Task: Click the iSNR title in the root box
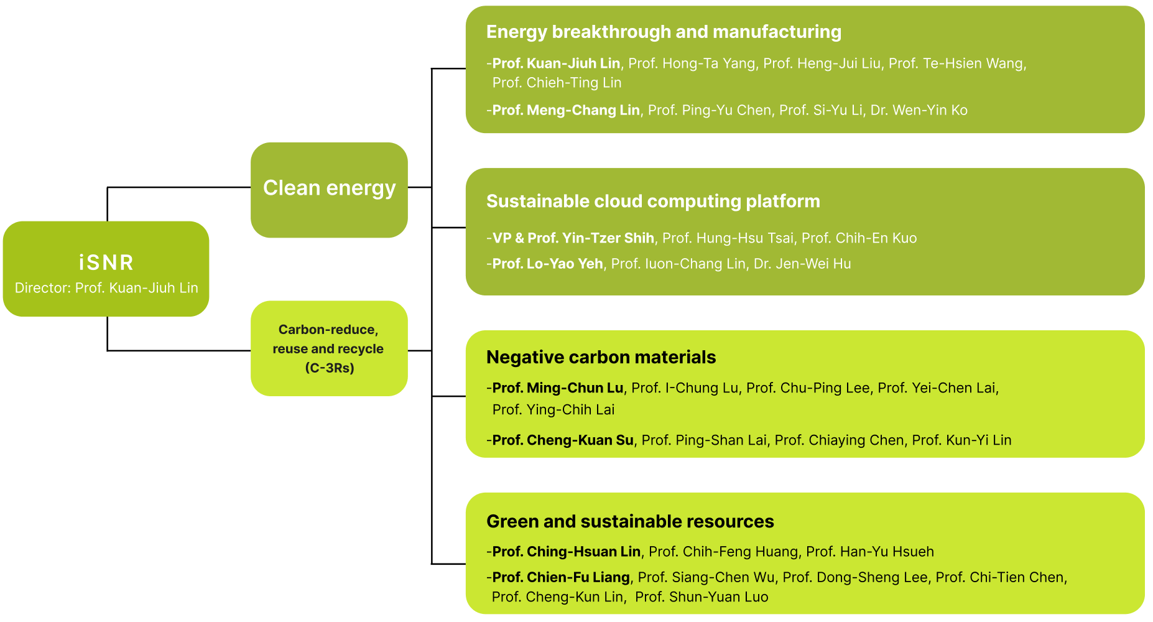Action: (106, 262)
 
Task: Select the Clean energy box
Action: (329, 189)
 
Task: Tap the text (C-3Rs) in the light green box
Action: (330, 368)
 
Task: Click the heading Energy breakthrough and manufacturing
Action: (664, 32)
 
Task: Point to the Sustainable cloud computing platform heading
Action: (653, 201)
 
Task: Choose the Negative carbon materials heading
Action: (601, 357)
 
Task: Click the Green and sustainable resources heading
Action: (630, 521)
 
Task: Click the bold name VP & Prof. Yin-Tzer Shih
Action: (573, 238)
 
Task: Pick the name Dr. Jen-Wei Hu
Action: (802, 264)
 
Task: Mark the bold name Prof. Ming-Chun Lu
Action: (557, 388)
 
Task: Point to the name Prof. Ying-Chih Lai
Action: (553, 409)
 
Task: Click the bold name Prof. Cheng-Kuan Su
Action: (563, 440)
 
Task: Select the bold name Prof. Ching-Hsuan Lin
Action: (566, 552)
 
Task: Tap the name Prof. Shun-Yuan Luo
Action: (702, 597)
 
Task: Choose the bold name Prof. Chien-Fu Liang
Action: (561, 577)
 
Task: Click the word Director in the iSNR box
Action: (42, 288)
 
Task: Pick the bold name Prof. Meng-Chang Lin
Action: (566, 110)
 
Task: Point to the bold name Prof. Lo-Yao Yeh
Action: (547, 264)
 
